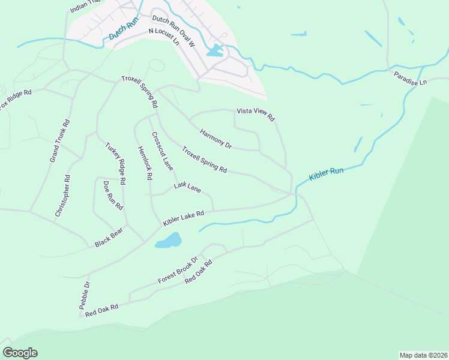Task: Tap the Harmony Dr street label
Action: click(215, 139)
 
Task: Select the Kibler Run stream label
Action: click(326, 175)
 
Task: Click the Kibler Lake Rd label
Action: click(184, 217)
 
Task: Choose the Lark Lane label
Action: click(187, 187)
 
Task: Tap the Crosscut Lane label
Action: click(162, 151)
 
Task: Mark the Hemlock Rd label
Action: click(145, 163)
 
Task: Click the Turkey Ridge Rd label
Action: click(115, 163)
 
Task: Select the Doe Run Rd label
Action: click(113, 195)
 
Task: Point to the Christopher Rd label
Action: click(62, 196)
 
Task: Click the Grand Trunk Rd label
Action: click(59, 141)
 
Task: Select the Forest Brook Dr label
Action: click(178, 271)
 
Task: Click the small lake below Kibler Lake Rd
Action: click(168, 241)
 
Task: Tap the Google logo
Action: click(20, 353)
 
